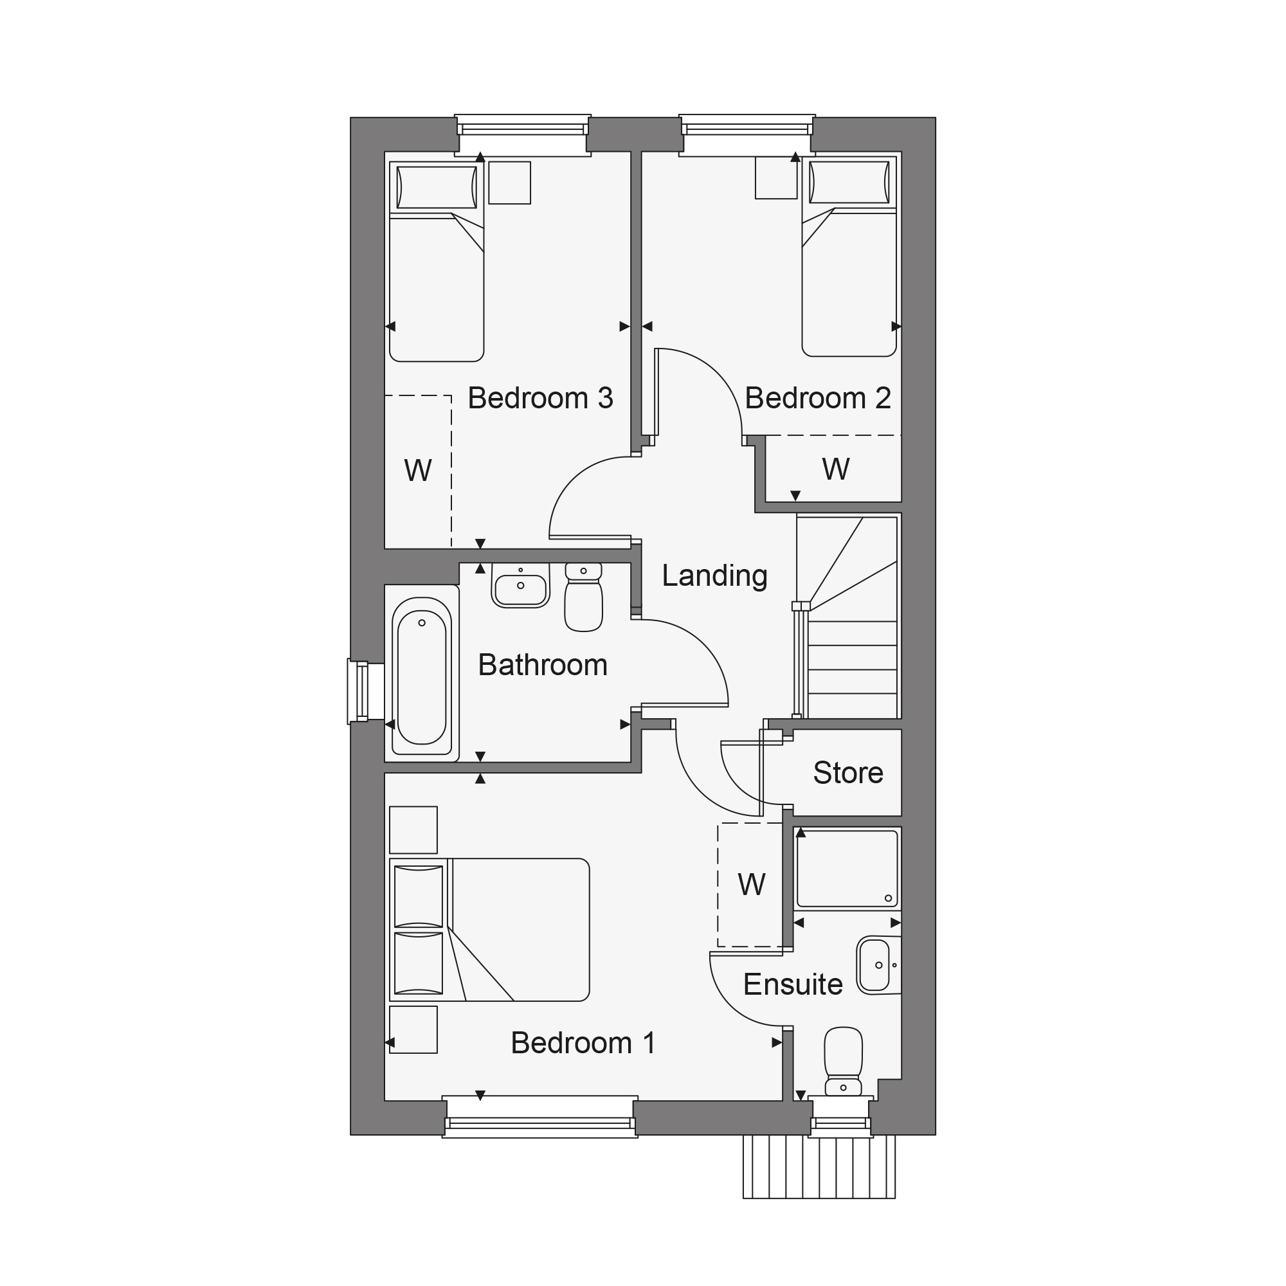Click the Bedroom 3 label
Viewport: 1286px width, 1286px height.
point(540,398)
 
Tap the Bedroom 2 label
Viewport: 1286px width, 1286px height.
point(817,398)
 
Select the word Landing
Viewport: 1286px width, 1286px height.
point(714,575)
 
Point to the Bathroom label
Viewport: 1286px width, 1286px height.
point(543,665)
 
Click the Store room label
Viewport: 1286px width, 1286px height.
point(848,773)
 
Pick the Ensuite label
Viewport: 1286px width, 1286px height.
point(793,984)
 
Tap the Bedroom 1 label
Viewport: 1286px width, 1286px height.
point(583,1043)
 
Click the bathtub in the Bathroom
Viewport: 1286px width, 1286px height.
point(422,675)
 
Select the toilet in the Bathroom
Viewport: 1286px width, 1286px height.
point(584,597)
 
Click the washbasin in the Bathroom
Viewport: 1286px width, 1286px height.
point(521,585)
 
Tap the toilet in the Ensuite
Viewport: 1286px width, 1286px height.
point(844,1062)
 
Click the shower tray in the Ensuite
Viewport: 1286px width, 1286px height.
point(847,869)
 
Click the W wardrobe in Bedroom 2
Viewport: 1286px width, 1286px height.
point(834,469)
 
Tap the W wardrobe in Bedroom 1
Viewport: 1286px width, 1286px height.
point(751,885)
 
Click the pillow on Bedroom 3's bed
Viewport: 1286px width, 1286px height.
point(437,187)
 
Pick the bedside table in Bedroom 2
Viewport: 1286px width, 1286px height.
point(776,177)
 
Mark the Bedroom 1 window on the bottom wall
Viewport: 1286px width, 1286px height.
point(540,1117)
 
